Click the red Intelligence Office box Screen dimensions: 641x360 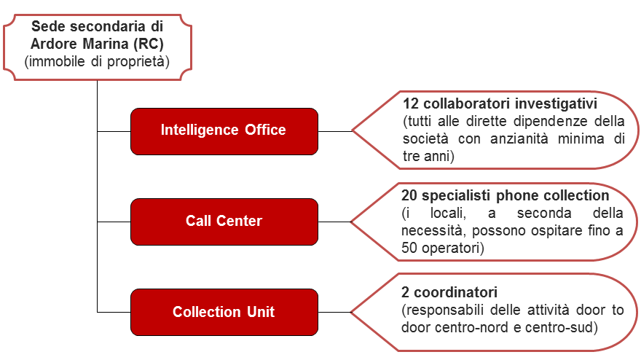click(x=224, y=131)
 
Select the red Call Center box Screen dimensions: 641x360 click(x=224, y=222)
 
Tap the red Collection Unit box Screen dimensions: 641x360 click(x=224, y=312)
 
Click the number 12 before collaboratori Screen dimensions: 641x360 click(x=411, y=103)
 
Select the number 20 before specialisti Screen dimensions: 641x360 click(x=409, y=195)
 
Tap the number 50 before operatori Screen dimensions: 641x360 click(x=409, y=248)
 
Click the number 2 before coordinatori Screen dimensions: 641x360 click(x=405, y=292)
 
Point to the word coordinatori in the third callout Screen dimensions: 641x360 click(x=455, y=292)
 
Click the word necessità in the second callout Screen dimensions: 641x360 click(x=433, y=231)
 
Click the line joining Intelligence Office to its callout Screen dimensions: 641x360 click(x=335, y=131)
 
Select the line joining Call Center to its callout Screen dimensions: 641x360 click(x=335, y=222)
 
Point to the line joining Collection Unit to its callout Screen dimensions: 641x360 click(x=335, y=312)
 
